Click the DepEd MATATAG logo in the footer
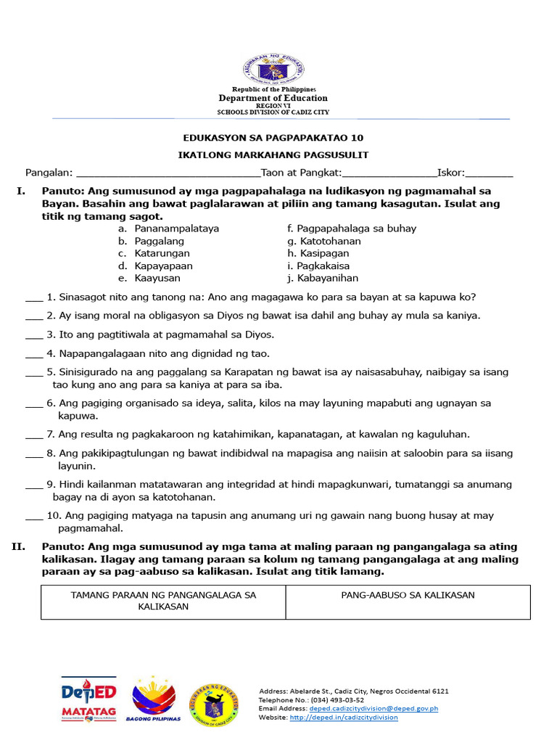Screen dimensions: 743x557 88,699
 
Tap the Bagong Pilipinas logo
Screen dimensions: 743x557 153,699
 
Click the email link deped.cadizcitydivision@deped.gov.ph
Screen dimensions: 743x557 374,708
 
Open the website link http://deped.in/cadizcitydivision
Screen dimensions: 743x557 343,718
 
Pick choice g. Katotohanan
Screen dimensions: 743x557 329,241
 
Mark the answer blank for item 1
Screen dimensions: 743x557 34,298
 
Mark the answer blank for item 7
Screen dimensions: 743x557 34,435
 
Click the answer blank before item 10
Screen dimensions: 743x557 34,517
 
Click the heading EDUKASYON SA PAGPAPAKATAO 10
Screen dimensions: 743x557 273,138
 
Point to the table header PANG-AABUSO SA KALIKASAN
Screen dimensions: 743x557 408,595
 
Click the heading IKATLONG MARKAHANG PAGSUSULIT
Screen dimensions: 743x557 273,155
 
